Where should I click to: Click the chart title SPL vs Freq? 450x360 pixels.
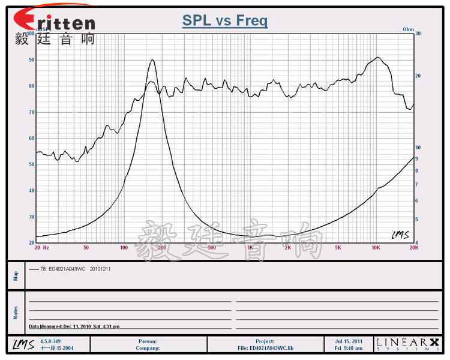[225, 21]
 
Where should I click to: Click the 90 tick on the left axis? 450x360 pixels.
[31, 60]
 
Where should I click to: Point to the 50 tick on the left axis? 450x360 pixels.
[31, 164]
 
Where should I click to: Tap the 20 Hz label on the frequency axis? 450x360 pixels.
[42, 247]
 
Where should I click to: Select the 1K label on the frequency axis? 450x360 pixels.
[250, 247]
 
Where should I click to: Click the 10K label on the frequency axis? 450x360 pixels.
[376, 247]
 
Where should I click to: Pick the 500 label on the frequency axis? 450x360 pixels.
[211, 247]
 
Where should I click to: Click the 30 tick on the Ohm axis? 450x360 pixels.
[418, 34]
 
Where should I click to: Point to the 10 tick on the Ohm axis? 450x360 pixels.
[418, 148]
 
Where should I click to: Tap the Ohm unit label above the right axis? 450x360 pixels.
[408, 29]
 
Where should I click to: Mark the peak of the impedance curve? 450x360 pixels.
[152, 60]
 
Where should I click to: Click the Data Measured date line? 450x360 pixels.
[74, 326]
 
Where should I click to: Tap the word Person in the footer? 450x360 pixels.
[148, 341]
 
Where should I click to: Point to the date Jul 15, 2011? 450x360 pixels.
[349, 341]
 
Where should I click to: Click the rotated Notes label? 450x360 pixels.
[16, 312]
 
